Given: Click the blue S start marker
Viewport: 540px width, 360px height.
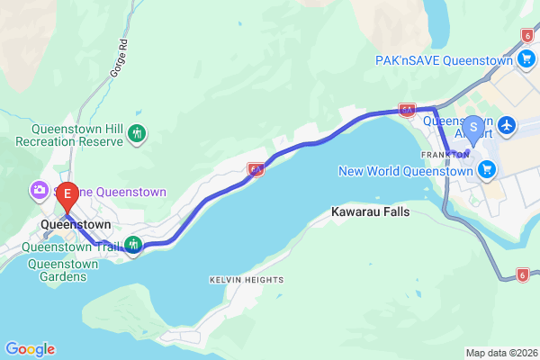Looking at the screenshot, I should (473, 128).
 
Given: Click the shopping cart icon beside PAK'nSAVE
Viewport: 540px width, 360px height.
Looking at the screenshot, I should (527, 59).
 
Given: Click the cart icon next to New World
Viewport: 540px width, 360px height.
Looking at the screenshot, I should (487, 169).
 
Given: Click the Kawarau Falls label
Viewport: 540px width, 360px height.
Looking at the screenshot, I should (370, 212).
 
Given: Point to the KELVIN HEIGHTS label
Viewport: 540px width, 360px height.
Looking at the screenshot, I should (246, 280).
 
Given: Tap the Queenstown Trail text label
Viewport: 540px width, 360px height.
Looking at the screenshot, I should (70, 245).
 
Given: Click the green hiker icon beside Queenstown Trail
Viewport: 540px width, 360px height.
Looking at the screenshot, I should (134, 245).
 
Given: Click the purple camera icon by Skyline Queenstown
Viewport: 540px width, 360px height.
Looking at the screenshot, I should (40, 191).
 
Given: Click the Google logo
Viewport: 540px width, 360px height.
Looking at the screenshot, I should (30, 349).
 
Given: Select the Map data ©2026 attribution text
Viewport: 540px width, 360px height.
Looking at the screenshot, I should (499, 353).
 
